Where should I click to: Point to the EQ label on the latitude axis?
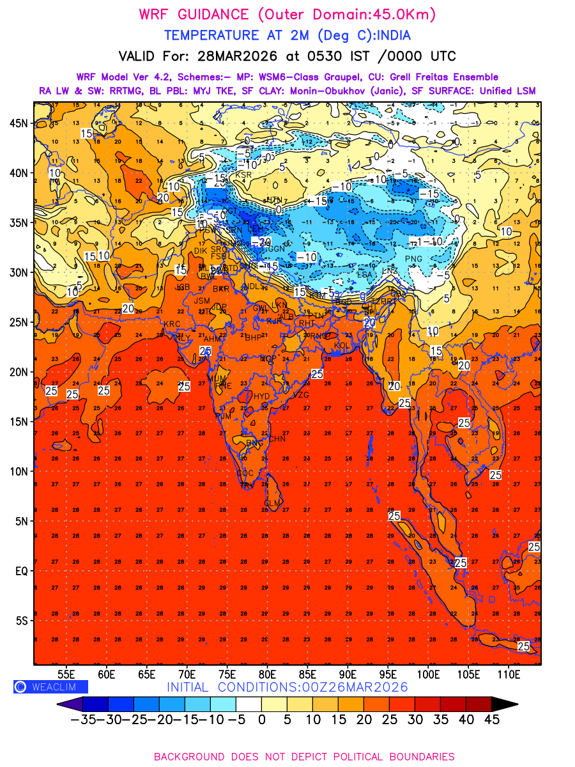pos(20,571)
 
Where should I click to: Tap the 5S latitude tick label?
pos(21,621)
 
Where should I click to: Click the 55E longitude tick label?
pos(66,674)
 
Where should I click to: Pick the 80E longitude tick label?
pos(267,674)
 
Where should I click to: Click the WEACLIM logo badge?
pos(50,686)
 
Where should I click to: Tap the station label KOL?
pos(342,346)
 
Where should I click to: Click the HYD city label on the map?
pos(262,396)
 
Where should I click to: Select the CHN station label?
pos(277,439)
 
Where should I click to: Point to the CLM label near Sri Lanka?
pos(272,504)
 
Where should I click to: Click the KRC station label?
pos(172,325)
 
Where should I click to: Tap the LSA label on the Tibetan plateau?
pos(364,275)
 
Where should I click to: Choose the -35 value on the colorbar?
pos(83,720)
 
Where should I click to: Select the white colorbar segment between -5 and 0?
pos(249,704)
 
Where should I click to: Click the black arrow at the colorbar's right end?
pos(504,704)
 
